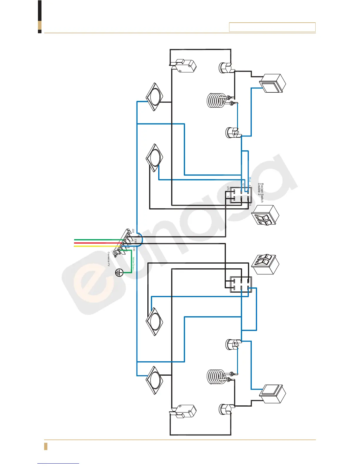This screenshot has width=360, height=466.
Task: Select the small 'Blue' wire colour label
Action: click(250, 179)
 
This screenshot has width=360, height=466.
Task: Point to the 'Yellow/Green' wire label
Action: click(133, 264)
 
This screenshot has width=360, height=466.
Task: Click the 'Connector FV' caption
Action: click(109, 259)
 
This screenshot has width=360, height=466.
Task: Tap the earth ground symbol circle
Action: click(119, 273)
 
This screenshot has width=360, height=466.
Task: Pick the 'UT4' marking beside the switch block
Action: click(228, 188)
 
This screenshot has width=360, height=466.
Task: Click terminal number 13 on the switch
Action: click(243, 184)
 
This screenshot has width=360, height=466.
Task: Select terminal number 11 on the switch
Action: click(228, 197)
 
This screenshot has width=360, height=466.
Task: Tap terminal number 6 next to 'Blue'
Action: click(249, 186)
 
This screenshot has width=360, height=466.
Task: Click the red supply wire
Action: click(97, 243)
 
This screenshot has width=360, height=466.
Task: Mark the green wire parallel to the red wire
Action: click(97, 240)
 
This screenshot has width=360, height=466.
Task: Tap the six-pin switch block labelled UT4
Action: click(241, 195)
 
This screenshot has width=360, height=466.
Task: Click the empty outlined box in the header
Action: click(272, 27)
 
